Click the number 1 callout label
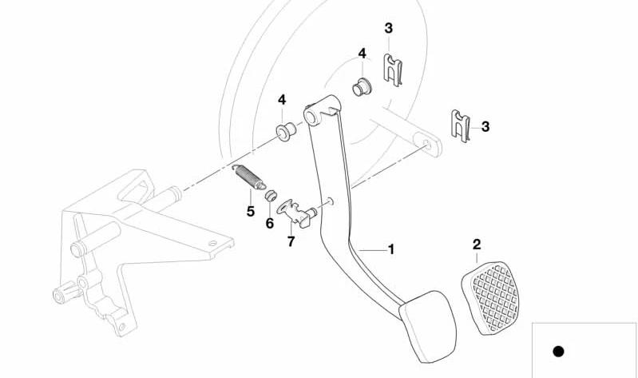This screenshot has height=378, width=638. tap(391, 250)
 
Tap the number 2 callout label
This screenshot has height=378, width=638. tap(477, 244)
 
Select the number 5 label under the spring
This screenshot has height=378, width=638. tap(251, 212)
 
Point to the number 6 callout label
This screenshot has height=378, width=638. tap(269, 225)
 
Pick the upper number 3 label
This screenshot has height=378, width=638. tap(389, 29)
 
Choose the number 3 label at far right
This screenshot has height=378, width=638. tap(485, 126)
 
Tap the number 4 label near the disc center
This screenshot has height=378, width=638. tap(362, 54)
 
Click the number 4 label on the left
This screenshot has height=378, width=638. tap(281, 100)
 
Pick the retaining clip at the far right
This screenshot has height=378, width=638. tap(459, 125)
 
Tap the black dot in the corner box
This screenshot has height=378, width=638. tap(558, 351)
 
